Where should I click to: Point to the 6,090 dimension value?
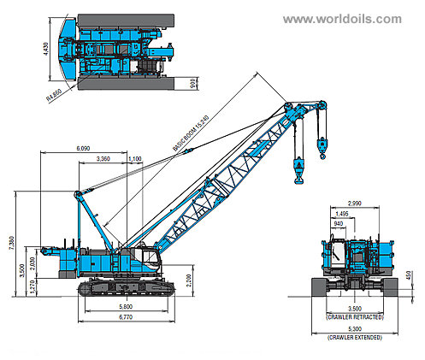(x=83, y=149)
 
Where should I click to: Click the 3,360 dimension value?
(x=103, y=159)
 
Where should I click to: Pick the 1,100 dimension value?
(x=134, y=159)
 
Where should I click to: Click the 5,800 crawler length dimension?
(x=126, y=307)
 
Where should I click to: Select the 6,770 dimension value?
(x=126, y=318)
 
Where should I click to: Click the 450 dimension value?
(x=411, y=276)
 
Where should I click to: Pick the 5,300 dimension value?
(x=354, y=329)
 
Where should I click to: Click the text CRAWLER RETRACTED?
(x=354, y=316)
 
